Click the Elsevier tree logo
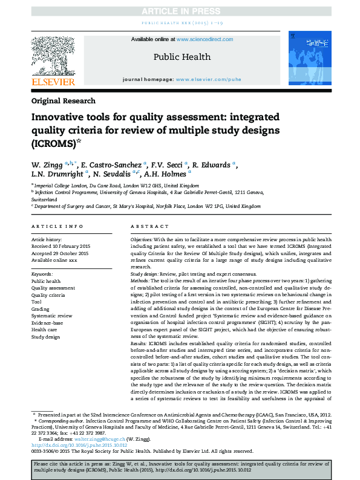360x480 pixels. click(53, 55)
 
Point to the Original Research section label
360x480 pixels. click(62, 101)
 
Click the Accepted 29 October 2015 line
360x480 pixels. click(59, 253)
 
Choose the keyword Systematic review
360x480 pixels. click(51, 315)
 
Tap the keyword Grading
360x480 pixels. click(41, 308)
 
